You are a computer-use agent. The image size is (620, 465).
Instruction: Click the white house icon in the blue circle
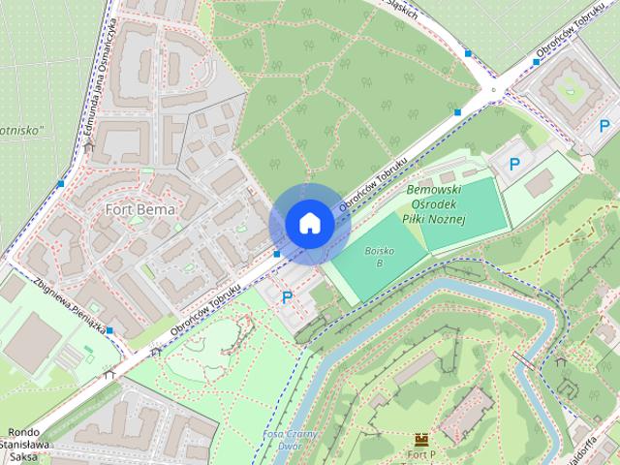pyautogui.click(x=309, y=224)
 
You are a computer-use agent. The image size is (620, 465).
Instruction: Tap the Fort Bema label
pyautogui.click(x=140, y=208)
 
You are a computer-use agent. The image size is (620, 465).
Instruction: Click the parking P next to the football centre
pyautogui.click(x=514, y=165)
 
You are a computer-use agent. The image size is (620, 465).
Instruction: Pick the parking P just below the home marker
pyautogui.click(x=286, y=297)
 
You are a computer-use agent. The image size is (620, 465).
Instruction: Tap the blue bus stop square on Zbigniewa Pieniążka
pyautogui.click(x=110, y=331)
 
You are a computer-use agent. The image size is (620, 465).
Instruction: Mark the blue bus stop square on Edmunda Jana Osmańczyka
pyautogui.click(x=61, y=183)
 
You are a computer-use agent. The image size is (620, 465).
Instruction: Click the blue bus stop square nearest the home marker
pyautogui.click(x=277, y=254)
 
